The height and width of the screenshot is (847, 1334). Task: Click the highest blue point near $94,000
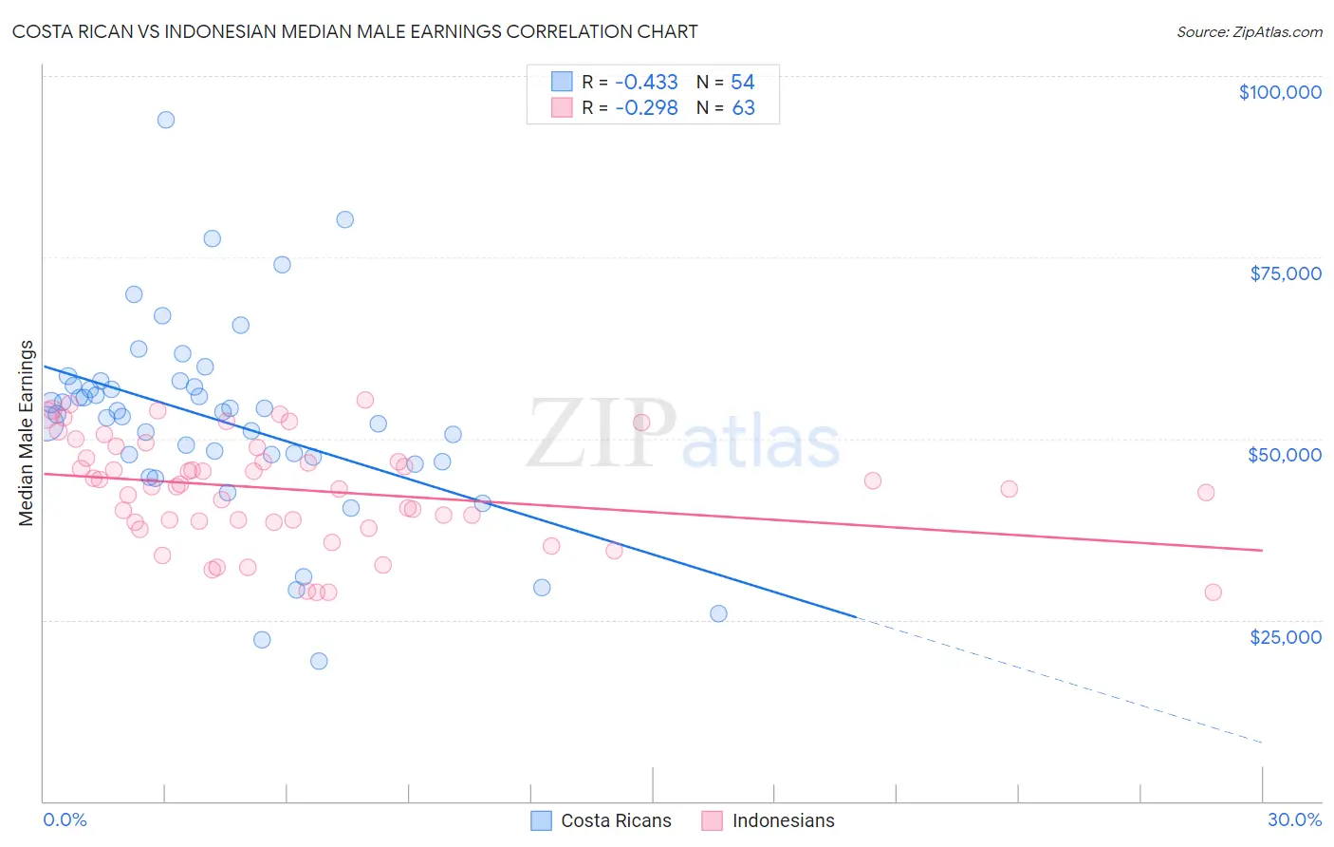pyautogui.click(x=166, y=120)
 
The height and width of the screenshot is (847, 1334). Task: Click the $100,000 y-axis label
pyautogui.click(x=1280, y=92)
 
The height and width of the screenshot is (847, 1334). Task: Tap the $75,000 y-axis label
pyautogui.click(x=1286, y=273)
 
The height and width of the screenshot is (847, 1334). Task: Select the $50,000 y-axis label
pyautogui.click(x=1285, y=455)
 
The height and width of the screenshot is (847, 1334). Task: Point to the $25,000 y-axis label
pyautogui.click(x=1286, y=636)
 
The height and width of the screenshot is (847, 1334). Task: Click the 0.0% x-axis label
pyautogui.click(x=65, y=819)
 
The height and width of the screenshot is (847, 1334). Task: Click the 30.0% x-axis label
pyautogui.click(x=1294, y=819)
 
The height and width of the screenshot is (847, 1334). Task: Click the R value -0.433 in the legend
pyautogui.click(x=646, y=82)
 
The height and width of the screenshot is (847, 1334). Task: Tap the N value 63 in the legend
pyautogui.click(x=743, y=108)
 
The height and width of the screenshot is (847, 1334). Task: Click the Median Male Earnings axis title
pyautogui.click(x=27, y=432)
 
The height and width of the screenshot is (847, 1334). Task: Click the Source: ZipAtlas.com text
pyautogui.click(x=1249, y=32)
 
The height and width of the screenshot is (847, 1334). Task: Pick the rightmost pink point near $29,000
pyautogui.click(x=1213, y=593)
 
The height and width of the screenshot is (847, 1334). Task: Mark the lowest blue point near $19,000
pyautogui.click(x=319, y=661)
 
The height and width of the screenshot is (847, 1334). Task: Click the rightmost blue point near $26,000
pyautogui.click(x=718, y=613)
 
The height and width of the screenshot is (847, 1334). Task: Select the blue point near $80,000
pyautogui.click(x=345, y=219)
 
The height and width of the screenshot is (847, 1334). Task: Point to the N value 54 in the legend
pyautogui.click(x=742, y=82)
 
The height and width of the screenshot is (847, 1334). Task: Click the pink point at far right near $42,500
pyautogui.click(x=1206, y=492)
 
